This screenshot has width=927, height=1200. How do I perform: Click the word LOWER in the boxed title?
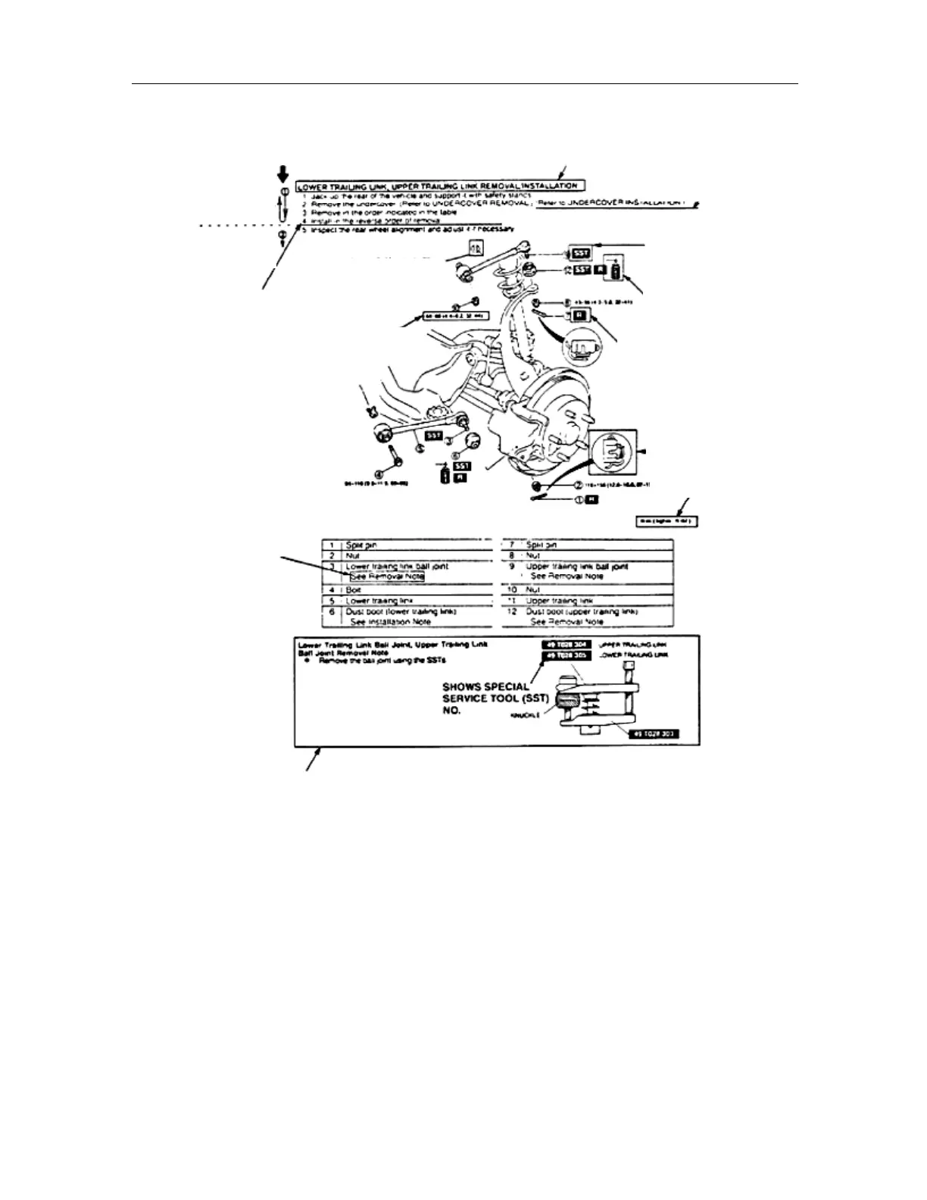[314, 185]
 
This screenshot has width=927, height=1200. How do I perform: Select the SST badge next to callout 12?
[580, 270]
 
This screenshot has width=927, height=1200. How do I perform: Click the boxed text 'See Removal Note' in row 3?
[386, 577]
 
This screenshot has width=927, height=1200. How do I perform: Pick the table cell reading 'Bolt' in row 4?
[354, 589]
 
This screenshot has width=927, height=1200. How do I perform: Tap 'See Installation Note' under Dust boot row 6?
[390, 621]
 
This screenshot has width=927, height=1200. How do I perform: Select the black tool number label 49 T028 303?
[654, 735]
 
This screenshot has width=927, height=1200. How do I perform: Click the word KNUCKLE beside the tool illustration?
[527, 715]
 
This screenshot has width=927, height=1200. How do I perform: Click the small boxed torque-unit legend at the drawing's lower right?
[666, 521]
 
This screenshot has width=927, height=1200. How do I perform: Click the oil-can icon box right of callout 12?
[615, 271]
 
